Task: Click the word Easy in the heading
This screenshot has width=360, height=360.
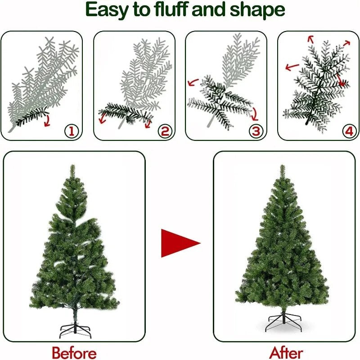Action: point(107,10)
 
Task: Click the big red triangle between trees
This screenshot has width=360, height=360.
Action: point(179,243)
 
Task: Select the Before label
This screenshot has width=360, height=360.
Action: point(74,352)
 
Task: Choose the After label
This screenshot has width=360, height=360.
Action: point(286,352)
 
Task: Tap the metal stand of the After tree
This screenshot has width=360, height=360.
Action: point(283,322)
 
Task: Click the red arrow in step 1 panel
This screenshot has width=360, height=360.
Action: point(47,120)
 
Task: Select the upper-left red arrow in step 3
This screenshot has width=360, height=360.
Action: point(193,82)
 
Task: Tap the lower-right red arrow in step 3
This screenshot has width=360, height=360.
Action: point(254,112)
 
